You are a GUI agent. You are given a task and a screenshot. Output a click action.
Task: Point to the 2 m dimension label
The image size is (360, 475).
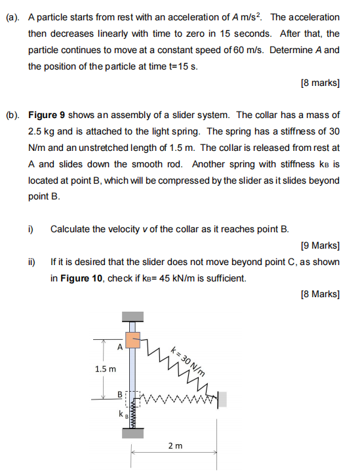pos(174,446)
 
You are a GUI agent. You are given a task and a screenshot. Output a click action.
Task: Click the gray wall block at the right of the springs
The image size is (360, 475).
pos(223,398)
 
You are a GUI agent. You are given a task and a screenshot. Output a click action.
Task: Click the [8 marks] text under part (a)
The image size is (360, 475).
pos(319,83)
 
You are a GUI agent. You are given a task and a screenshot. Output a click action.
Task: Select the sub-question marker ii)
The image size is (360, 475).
pos(31,262)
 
